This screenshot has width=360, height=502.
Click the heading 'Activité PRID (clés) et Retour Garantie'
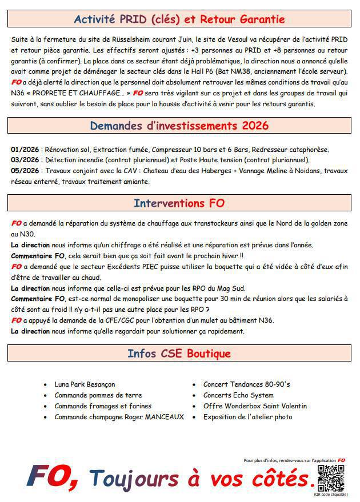click(x=179, y=19)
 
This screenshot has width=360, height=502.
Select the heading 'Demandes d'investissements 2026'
click(x=179, y=126)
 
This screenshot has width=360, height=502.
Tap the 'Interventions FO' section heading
click(x=179, y=203)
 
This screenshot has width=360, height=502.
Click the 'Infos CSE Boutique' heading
click(x=179, y=354)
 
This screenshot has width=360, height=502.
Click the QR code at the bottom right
click(x=331, y=478)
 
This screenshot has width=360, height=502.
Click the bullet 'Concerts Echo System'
click(x=238, y=395)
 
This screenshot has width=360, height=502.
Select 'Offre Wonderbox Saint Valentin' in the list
click(x=255, y=406)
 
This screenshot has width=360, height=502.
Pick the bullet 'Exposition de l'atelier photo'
click(x=247, y=417)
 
